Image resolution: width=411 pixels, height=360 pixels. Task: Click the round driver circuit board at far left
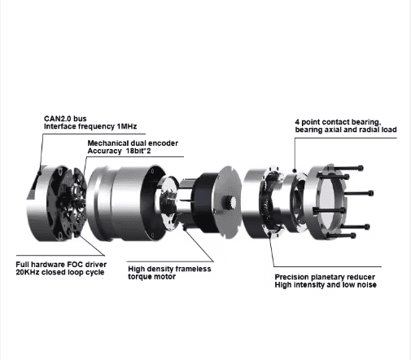tap(60, 204)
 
